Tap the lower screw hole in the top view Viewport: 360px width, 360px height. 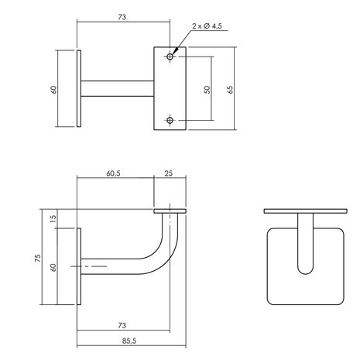(x=170, y=119)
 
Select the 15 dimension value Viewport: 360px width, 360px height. (x=53, y=219)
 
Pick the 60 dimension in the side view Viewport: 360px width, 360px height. (x=53, y=267)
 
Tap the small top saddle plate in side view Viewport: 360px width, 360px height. (x=170, y=211)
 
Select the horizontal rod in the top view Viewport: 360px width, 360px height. (x=120, y=89)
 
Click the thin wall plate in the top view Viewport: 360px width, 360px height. (x=80, y=89)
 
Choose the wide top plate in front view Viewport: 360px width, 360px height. (x=304, y=211)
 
